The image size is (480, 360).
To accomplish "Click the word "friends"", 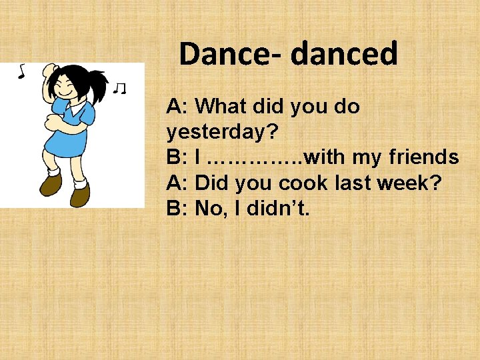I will click(425, 157).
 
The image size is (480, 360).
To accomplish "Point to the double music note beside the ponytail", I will click(120, 87).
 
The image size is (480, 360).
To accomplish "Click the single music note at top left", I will click(21, 70).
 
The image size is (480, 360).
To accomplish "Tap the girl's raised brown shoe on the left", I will click(50, 183).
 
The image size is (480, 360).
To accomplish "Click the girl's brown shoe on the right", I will click(81, 195).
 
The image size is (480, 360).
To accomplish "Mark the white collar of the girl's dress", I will click(77, 105).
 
